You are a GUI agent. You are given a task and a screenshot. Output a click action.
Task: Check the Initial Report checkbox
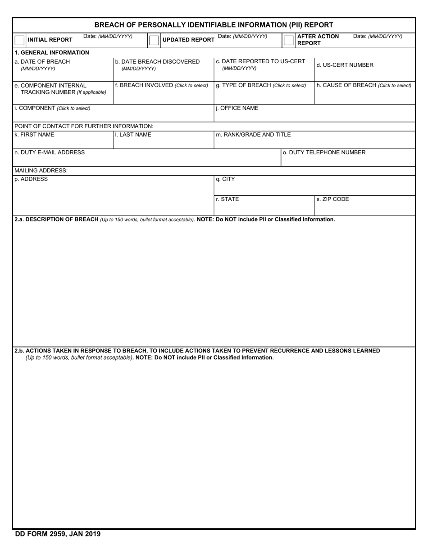point(19,40)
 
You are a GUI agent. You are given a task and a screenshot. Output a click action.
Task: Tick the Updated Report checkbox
point(154,40)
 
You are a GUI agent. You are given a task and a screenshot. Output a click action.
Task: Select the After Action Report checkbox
point(288,40)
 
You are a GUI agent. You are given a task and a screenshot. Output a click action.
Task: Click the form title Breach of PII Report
point(214,25)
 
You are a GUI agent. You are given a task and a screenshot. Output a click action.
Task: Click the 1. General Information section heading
point(52,52)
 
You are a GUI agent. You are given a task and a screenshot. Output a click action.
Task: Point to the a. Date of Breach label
point(42,62)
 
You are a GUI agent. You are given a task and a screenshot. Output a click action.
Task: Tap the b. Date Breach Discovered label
point(157,62)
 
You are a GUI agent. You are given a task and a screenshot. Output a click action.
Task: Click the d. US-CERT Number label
point(345,65)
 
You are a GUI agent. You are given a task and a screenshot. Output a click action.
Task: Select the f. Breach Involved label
point(161,85)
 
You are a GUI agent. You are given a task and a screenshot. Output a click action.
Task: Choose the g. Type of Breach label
point(261,85)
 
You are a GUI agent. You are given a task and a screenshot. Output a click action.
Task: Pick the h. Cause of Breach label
point(364,85)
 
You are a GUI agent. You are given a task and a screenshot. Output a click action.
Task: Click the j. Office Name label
point(237,108)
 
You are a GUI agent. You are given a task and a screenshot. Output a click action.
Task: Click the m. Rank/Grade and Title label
point(253,134)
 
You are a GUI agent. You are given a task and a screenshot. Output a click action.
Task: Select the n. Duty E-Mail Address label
point(50,153)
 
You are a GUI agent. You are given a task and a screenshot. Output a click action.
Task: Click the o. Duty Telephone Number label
point(324,153)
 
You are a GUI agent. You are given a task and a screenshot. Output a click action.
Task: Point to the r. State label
point(227,199)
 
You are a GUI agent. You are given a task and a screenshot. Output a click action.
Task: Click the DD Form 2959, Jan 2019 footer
point(58,534)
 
